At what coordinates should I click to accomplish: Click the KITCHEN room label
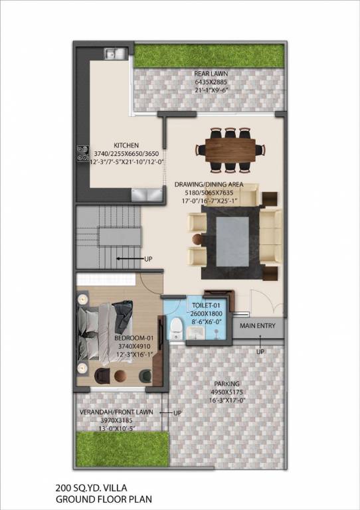(x=126, y=144)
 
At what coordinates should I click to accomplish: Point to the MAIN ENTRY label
(x=257, y=326)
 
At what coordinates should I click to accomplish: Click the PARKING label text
(x=226, y=384)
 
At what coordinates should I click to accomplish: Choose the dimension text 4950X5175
(x=226, y=393)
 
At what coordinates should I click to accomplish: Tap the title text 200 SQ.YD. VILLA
(x=88, y=487)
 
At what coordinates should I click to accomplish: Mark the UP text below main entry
(x=260, y=351)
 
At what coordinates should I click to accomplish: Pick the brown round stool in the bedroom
(x=120, y=376)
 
